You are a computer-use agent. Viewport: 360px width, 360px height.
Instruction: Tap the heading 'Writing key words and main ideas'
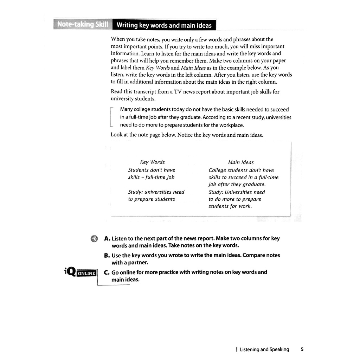164,25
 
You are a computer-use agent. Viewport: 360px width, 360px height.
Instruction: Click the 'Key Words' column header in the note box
152,162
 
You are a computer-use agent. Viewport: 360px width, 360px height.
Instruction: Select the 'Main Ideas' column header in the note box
241,162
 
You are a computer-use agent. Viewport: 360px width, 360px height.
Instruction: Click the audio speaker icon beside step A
94,239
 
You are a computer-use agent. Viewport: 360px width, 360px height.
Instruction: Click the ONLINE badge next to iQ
86,273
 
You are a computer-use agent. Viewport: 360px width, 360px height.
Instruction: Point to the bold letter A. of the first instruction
107,238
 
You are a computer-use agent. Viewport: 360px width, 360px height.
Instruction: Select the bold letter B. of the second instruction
107,255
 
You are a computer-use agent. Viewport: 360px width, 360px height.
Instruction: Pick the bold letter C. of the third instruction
107,272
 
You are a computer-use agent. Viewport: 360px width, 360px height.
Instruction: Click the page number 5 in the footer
302,349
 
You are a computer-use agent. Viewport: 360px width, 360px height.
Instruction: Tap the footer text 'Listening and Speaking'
264,349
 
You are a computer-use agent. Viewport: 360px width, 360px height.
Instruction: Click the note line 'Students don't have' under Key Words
151,170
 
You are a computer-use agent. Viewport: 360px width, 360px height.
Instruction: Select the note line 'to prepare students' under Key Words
151,199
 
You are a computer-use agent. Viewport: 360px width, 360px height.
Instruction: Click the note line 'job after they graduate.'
237,184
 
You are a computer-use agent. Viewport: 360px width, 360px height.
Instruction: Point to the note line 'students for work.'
230,206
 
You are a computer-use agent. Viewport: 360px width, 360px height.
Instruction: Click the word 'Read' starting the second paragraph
117,91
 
